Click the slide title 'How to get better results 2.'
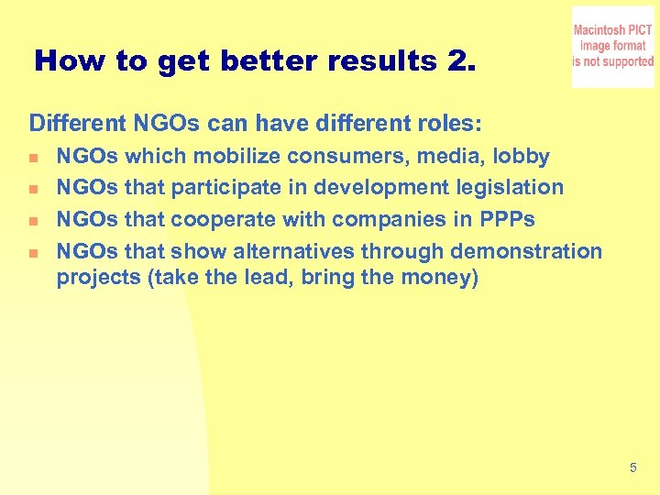coord(255,61)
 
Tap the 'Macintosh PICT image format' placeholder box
coord(612,47)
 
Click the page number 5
coord(632,468)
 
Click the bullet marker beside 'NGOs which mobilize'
coord(35,158)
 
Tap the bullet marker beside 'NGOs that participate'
coord(35,189)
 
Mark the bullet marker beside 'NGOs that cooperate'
coord(35,221)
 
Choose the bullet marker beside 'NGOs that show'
coord(35,252)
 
